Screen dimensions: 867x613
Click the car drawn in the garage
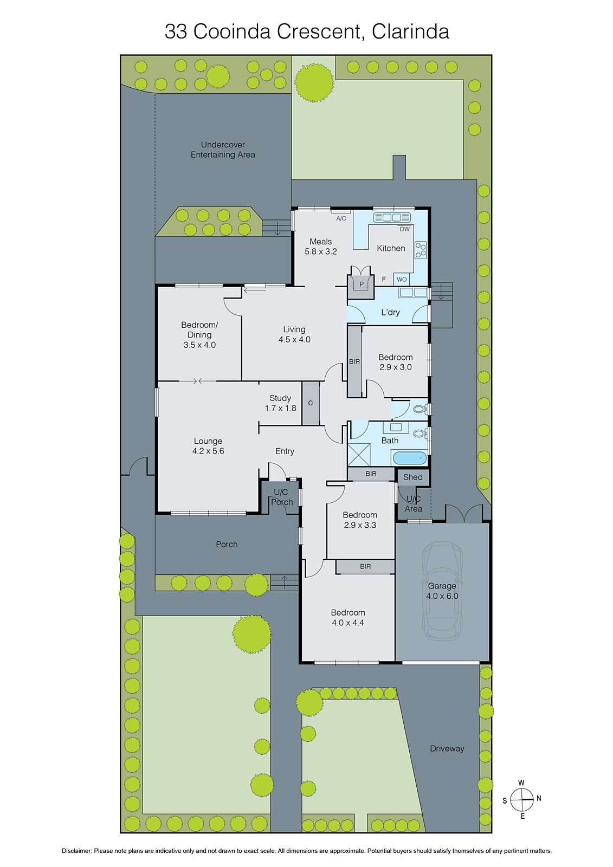tap(442, 591)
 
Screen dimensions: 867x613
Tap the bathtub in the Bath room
tap(410, 458)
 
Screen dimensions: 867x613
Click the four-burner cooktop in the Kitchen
tap(421, 250)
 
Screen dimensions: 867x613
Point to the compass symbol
tap(522, 799)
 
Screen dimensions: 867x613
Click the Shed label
tap(412, 477)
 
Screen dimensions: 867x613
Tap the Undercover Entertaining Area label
tap(223, 150)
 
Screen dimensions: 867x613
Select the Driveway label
tap(447, 748)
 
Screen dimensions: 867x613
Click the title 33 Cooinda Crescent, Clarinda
tap(307, 31)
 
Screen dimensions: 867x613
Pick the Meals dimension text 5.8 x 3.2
tap(321, 251)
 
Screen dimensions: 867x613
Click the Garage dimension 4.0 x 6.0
tap(442, 596)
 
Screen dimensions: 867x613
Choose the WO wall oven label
tap(402, 280)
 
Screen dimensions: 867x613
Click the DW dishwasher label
tap(405, 229)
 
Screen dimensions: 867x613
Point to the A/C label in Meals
tap(341, 218)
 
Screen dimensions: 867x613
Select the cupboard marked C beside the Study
tap(311, 403)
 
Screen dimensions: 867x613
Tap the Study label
tap(280, 398)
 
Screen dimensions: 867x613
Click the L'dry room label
tap(390, 312)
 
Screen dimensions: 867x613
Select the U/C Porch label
tap(281, 497)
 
